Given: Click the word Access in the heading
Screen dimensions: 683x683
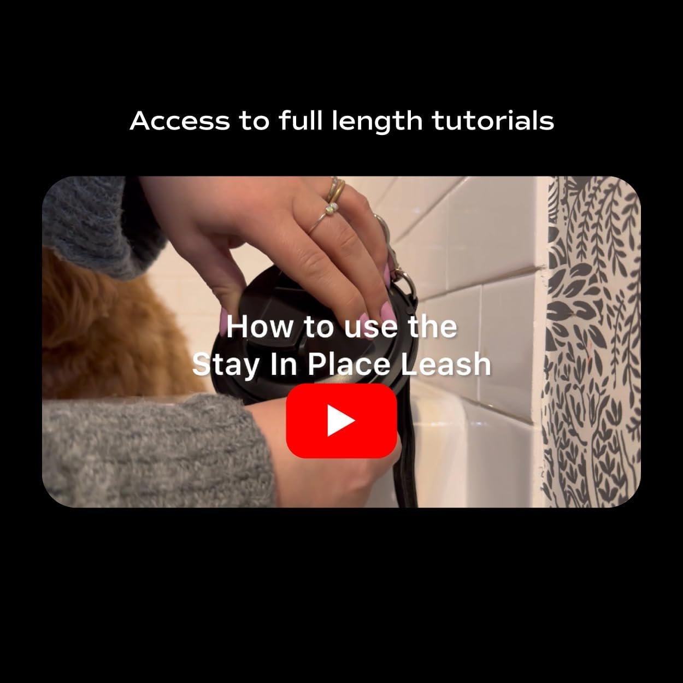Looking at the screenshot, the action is pos(180,121).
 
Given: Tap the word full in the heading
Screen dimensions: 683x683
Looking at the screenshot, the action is pos(301,121).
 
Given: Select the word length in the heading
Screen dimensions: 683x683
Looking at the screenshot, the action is pos(377,122).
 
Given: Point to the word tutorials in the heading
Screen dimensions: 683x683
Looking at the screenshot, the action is pos(493,121).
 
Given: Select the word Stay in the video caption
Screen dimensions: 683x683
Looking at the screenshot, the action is pos(226,365).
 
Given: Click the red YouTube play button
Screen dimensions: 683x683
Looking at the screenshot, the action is pos(341,421).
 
